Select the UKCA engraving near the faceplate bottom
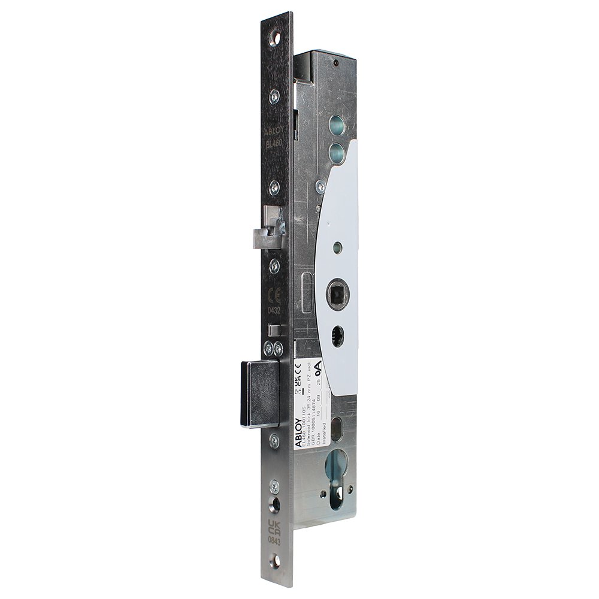pos(274,530)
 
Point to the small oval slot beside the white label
pos(336,429)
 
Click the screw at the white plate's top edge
pos(320,188)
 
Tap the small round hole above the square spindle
pos(338,247)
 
